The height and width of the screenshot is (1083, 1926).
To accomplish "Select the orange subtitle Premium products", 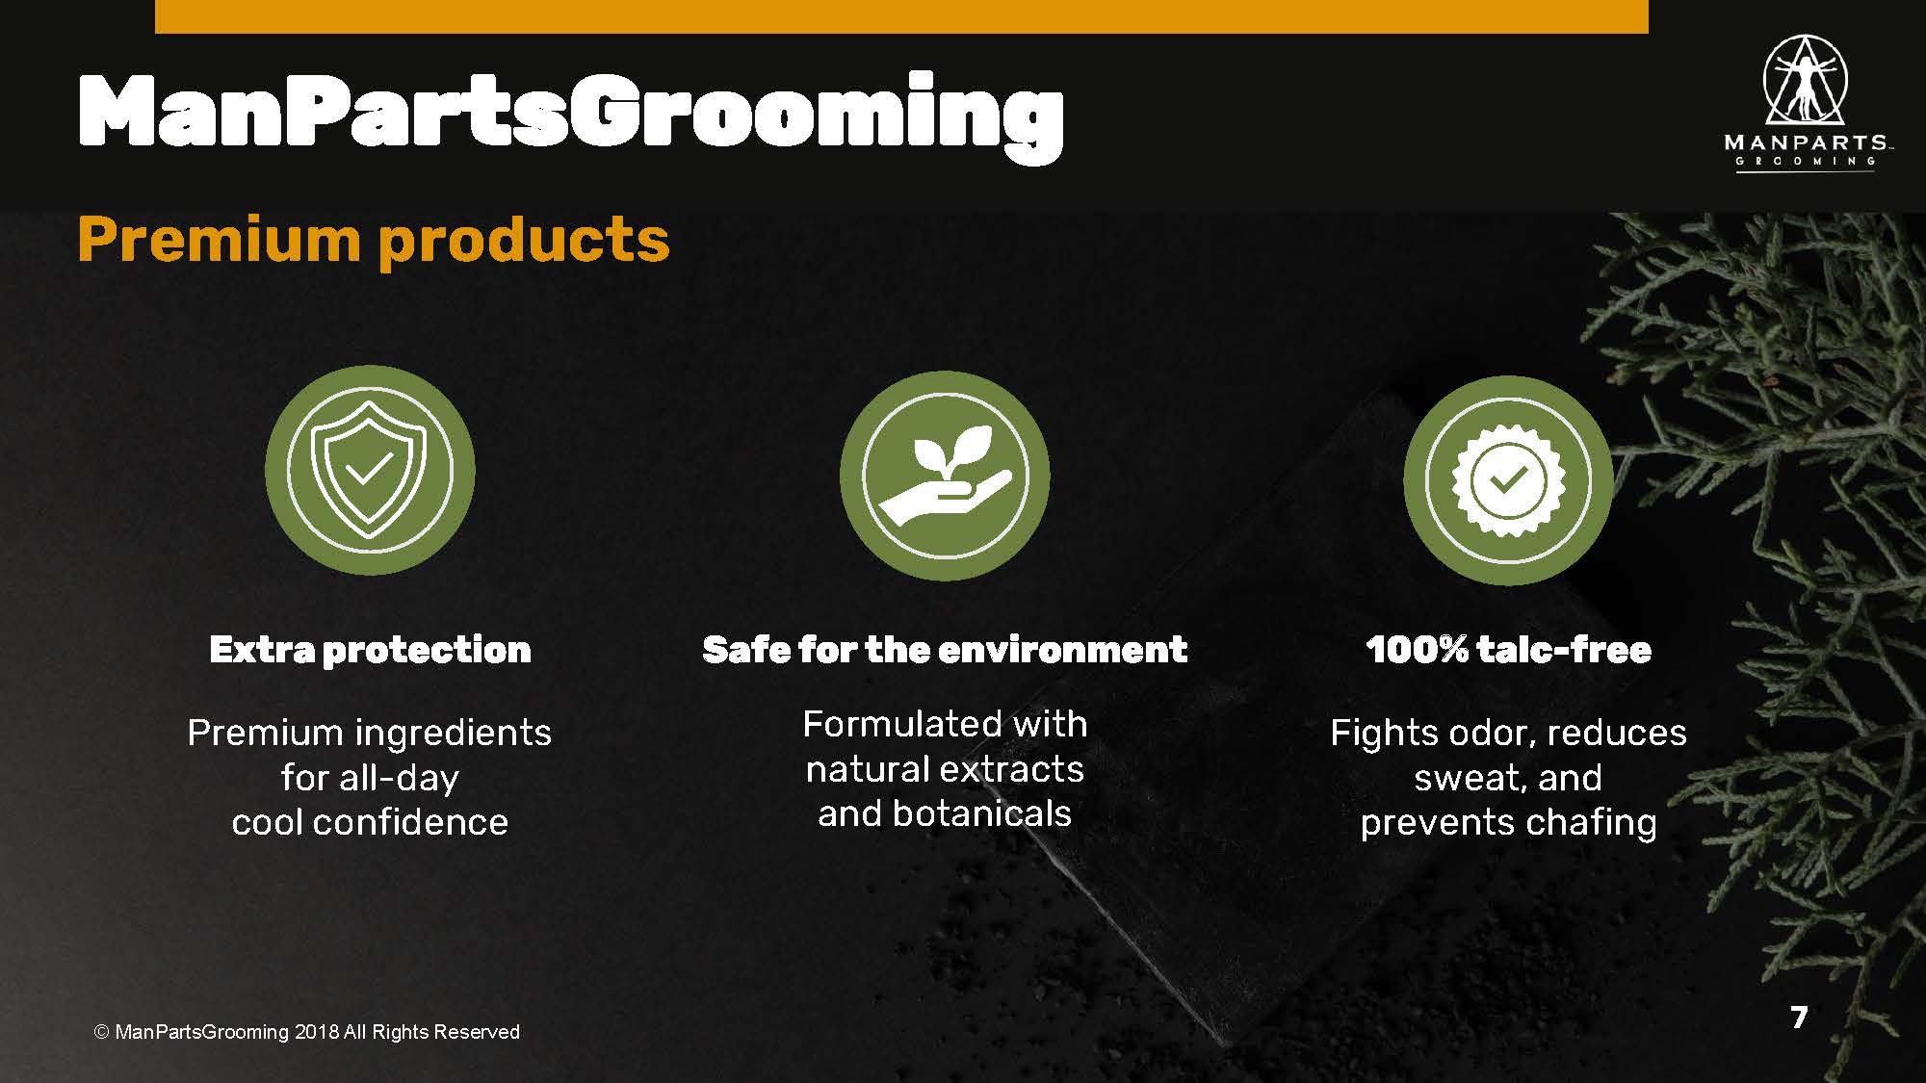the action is [374, 241].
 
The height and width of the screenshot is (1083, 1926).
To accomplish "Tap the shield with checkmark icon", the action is [370, 470].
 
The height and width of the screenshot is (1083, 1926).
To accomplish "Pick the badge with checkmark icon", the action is [1508, 480].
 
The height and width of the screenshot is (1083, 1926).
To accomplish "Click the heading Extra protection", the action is [370, 650].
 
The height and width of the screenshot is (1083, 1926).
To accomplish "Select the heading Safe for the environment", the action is [945, 650].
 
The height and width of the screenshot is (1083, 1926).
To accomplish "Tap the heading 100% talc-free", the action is [1508, 650].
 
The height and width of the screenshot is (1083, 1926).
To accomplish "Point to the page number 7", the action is [1799, 1017].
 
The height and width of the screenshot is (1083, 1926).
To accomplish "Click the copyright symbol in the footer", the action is [101, 1032].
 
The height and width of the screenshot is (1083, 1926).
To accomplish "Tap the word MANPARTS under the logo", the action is [1806, 142].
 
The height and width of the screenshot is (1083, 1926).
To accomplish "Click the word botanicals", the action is [981, 813].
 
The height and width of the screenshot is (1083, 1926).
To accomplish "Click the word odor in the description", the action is [1488, 734].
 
